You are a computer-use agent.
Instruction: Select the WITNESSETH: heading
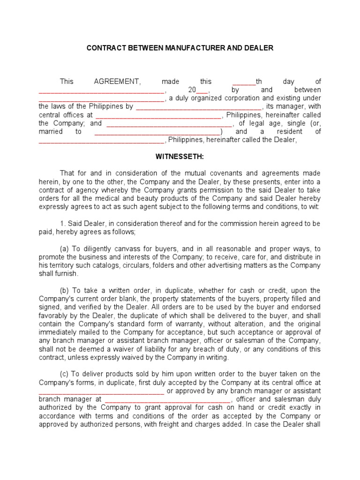click(x=180, y=156)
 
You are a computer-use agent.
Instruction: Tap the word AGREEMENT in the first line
click(x=117, y=81)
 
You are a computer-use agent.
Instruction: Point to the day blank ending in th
click(x=250, y=81)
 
